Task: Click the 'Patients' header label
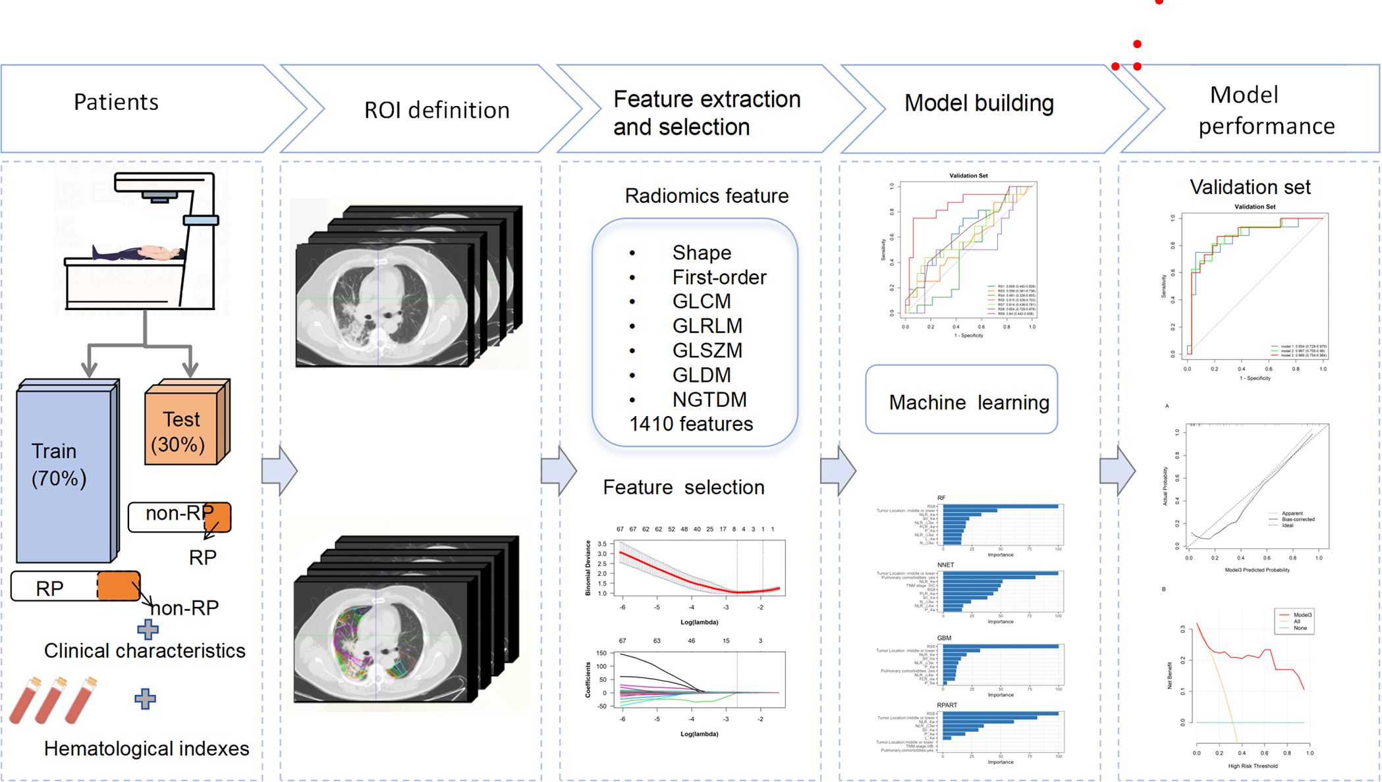click(116, 102)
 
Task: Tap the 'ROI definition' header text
click(437, 110)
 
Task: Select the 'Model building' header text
click(979, 103)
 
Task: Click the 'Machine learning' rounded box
click(962, 400)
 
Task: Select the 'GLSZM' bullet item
click(707, 350)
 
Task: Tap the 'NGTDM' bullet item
click(709, 400)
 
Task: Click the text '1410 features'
click(691, 424)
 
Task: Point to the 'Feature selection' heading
click(684, 487)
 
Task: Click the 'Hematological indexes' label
click(146, 748)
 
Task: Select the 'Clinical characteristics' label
click(144, 650)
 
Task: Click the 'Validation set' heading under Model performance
click(1250, 187)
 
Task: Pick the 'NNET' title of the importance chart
click(945, 565)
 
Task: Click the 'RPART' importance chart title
click(947, 705)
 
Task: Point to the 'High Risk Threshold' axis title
click(1252, 766)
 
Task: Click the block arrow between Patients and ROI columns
click(279, 471)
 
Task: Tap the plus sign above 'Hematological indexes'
click(145, 698)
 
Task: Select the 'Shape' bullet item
click(701, 253)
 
